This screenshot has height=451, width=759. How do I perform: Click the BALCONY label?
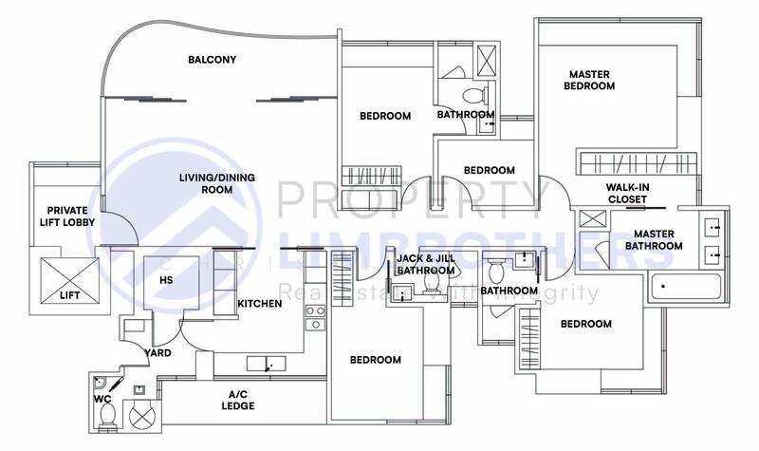click(x=212, y=60)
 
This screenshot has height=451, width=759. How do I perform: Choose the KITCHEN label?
click(x=259, y=304)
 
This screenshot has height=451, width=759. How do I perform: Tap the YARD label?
click(x=157, y=353)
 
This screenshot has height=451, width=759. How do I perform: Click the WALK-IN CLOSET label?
click(x=626, y=193)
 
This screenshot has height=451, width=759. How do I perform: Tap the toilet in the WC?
click(x=107, y=417)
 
